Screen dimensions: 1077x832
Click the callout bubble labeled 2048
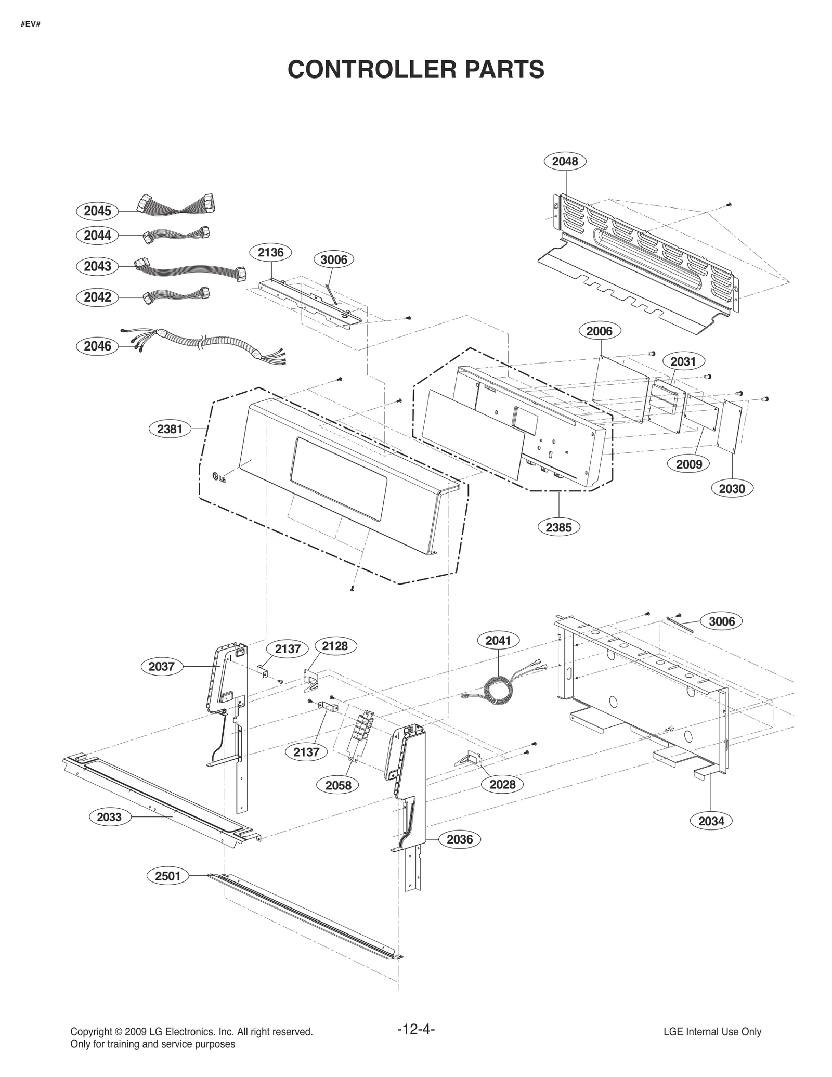(565, 161)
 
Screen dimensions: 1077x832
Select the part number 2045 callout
(97, 211)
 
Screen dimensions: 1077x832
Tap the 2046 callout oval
(97, 346)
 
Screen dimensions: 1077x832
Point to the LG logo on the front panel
(219, 477)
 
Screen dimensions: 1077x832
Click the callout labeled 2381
(170, 429)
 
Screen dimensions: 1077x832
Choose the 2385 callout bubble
(558, 527)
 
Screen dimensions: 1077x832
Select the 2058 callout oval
(339, 785)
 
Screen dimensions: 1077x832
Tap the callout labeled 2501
(167, 876)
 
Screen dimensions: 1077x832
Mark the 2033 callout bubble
(109, 817)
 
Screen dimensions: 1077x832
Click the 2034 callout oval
(711, 821)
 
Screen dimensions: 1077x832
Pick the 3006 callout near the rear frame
(722, 621)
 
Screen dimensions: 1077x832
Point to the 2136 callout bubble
(271, 253)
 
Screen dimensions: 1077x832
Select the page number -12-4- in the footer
(415, 1029)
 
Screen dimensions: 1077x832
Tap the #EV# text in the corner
(31, 24)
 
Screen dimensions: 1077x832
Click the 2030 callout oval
(732, 488)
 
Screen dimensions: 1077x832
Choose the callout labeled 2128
(335, 646)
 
